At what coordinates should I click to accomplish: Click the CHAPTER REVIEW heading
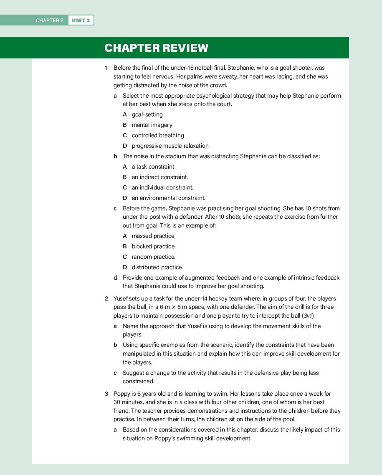pos(156,48)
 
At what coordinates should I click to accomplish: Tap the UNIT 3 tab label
pos(81,20)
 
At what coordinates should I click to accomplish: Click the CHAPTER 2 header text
pos(49,20)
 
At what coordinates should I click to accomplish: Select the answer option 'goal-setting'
pos(147,114)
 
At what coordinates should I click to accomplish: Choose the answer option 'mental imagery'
pos(152,125)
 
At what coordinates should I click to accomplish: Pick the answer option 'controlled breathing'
pos(157,135)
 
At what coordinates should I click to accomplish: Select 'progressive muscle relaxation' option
pos(170,146)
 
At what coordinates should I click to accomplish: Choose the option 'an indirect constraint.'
pos(159,177)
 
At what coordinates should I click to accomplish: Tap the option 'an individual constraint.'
pos(162,187)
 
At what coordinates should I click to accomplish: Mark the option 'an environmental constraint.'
pos(168,198)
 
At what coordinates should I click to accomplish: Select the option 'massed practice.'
pos(153,236)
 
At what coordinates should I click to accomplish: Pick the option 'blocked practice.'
pos(153,246)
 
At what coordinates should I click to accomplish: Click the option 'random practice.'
pos(153,257)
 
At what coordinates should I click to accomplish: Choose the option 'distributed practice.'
pos(157,267)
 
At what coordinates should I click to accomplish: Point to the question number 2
pos(106,298)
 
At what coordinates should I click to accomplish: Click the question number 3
pos(106,394)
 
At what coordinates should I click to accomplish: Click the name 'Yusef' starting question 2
pos(121,298)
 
